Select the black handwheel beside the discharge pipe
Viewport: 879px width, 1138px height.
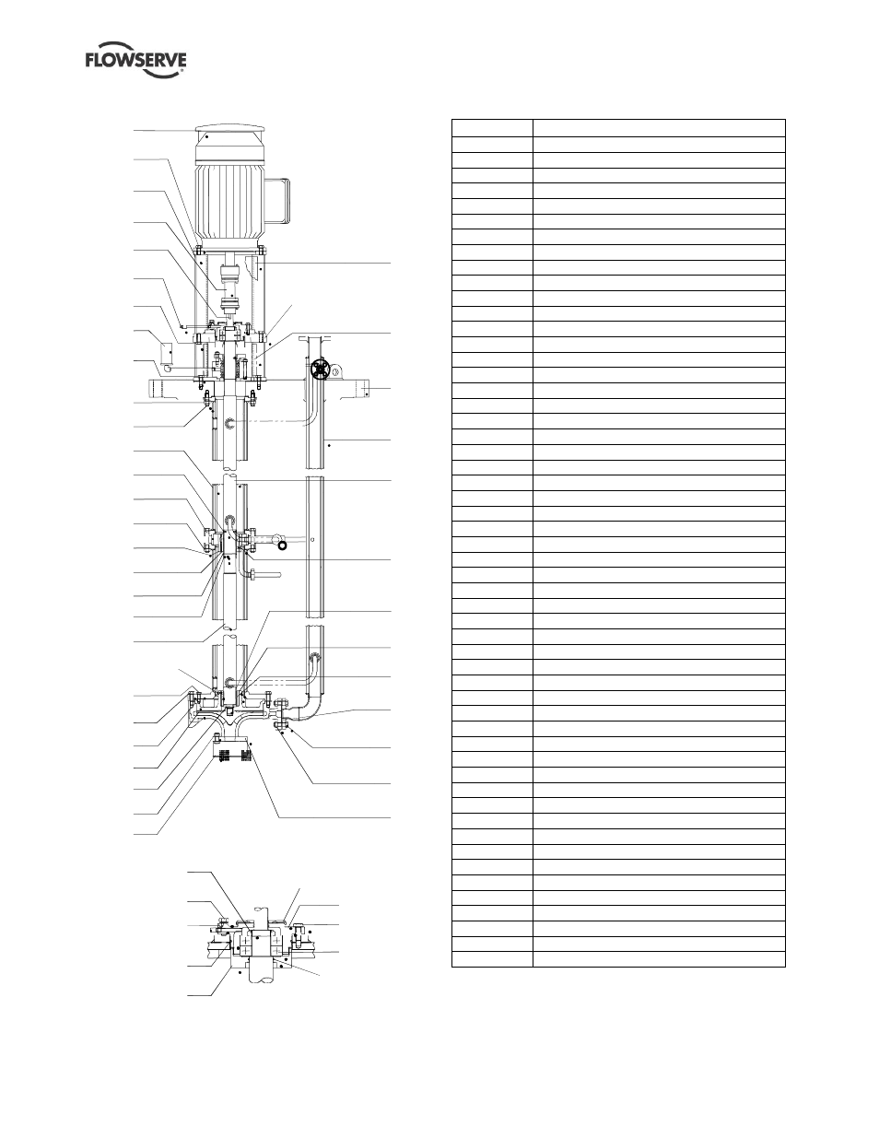[318, 370]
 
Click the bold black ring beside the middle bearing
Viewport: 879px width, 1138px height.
[283, 546]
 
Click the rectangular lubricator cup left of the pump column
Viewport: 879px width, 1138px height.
[168, 354]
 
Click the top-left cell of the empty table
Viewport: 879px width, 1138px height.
[492, 128]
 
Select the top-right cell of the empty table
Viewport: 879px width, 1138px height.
[659, 128]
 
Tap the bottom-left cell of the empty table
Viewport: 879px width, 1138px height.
[492, 959]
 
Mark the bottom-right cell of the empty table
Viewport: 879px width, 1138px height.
[659, 959]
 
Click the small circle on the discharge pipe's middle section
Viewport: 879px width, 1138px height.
[312, 539]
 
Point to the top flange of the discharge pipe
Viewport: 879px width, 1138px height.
[314, 338]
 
